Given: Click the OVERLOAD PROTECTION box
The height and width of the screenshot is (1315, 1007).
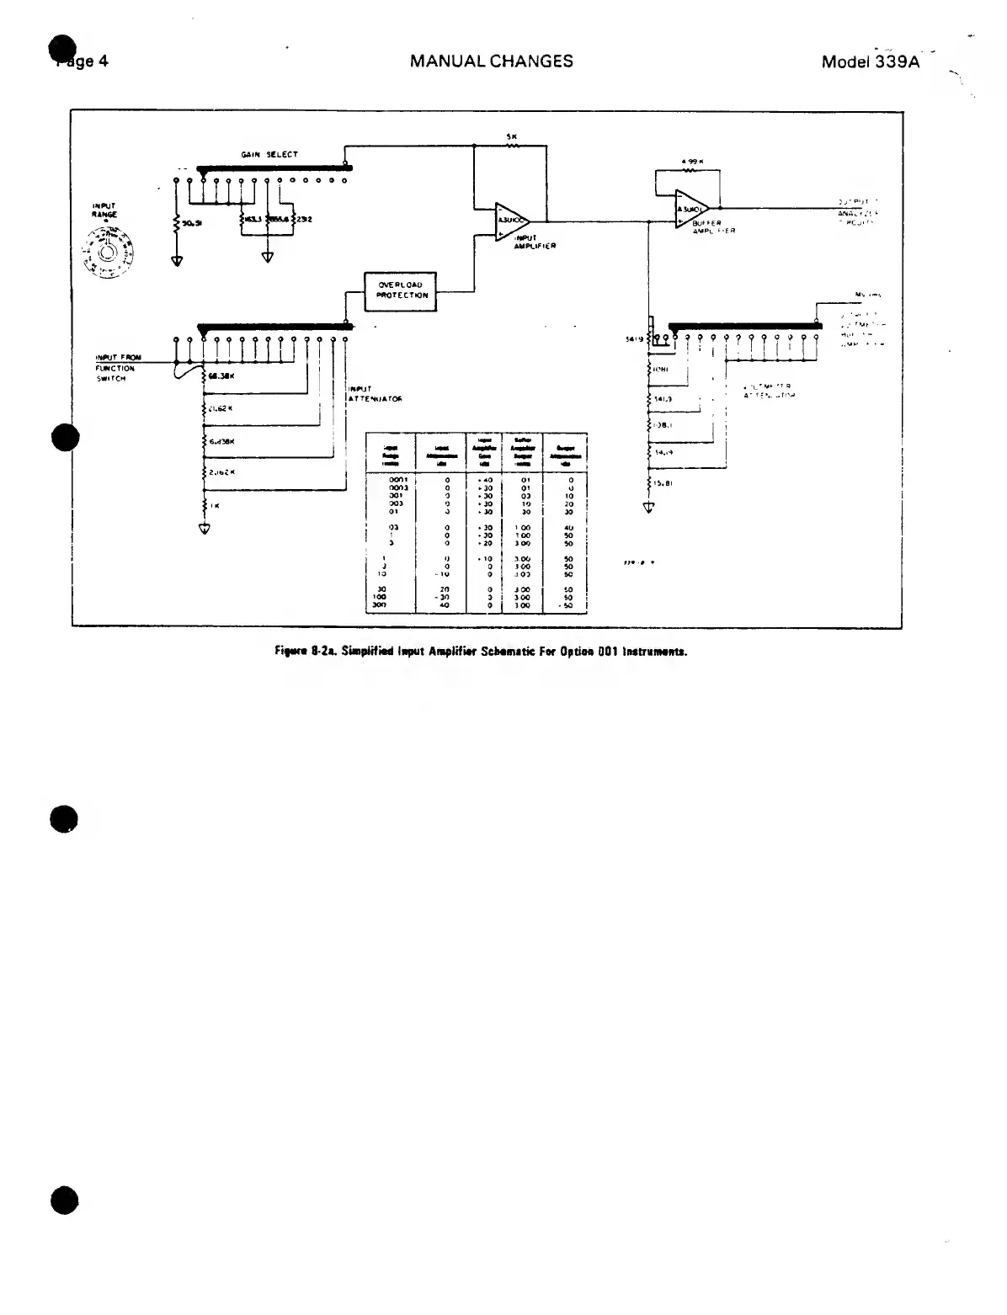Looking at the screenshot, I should [x=400, y=290].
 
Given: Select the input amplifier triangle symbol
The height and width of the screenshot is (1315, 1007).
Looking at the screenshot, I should [x=511, y=219].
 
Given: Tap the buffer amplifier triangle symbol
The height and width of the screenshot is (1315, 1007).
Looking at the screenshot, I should [x=691, y=208].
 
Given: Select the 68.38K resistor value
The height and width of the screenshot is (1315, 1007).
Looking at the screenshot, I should [x=220, y=376].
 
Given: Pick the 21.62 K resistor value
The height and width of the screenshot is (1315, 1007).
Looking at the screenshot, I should [x=220, y=409].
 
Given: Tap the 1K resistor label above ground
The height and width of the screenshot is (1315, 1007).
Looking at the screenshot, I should [x=216, y=506].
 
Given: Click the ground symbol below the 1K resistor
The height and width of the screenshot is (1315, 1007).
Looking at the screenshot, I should [x=204, y=529].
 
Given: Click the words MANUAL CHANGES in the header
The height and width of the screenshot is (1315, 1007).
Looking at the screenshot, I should [x=491, y=61].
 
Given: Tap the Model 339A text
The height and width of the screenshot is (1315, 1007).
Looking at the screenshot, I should [x=871, y=61].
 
